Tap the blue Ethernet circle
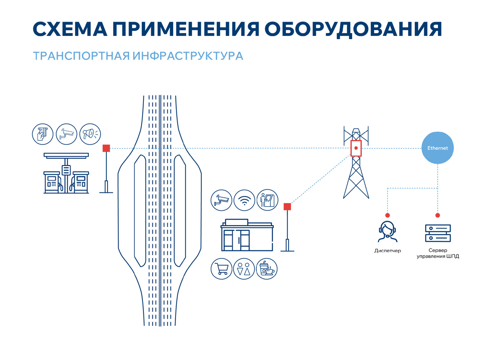(x=437, y=148)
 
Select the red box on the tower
(x=356, y=148)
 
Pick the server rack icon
(x=438, y=232)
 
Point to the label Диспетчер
(x=387, y=251)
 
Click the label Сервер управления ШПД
(x=438, y=253)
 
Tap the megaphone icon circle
(x=90, y=133)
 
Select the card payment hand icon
(x=43, y=133)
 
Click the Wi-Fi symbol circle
(x=244, y=200)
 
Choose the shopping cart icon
(x=221, y=269)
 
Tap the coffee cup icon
(x=267, y=269)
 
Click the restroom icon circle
(x=244, y=269)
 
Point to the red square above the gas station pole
(x=106, y=148)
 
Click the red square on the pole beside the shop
(x=287, y=207)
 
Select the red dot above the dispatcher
(x=388, y=215)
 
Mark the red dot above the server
(x=438, y=215)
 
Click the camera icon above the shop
(x=221, y=200)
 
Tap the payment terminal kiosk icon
(x=267, y=200)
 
